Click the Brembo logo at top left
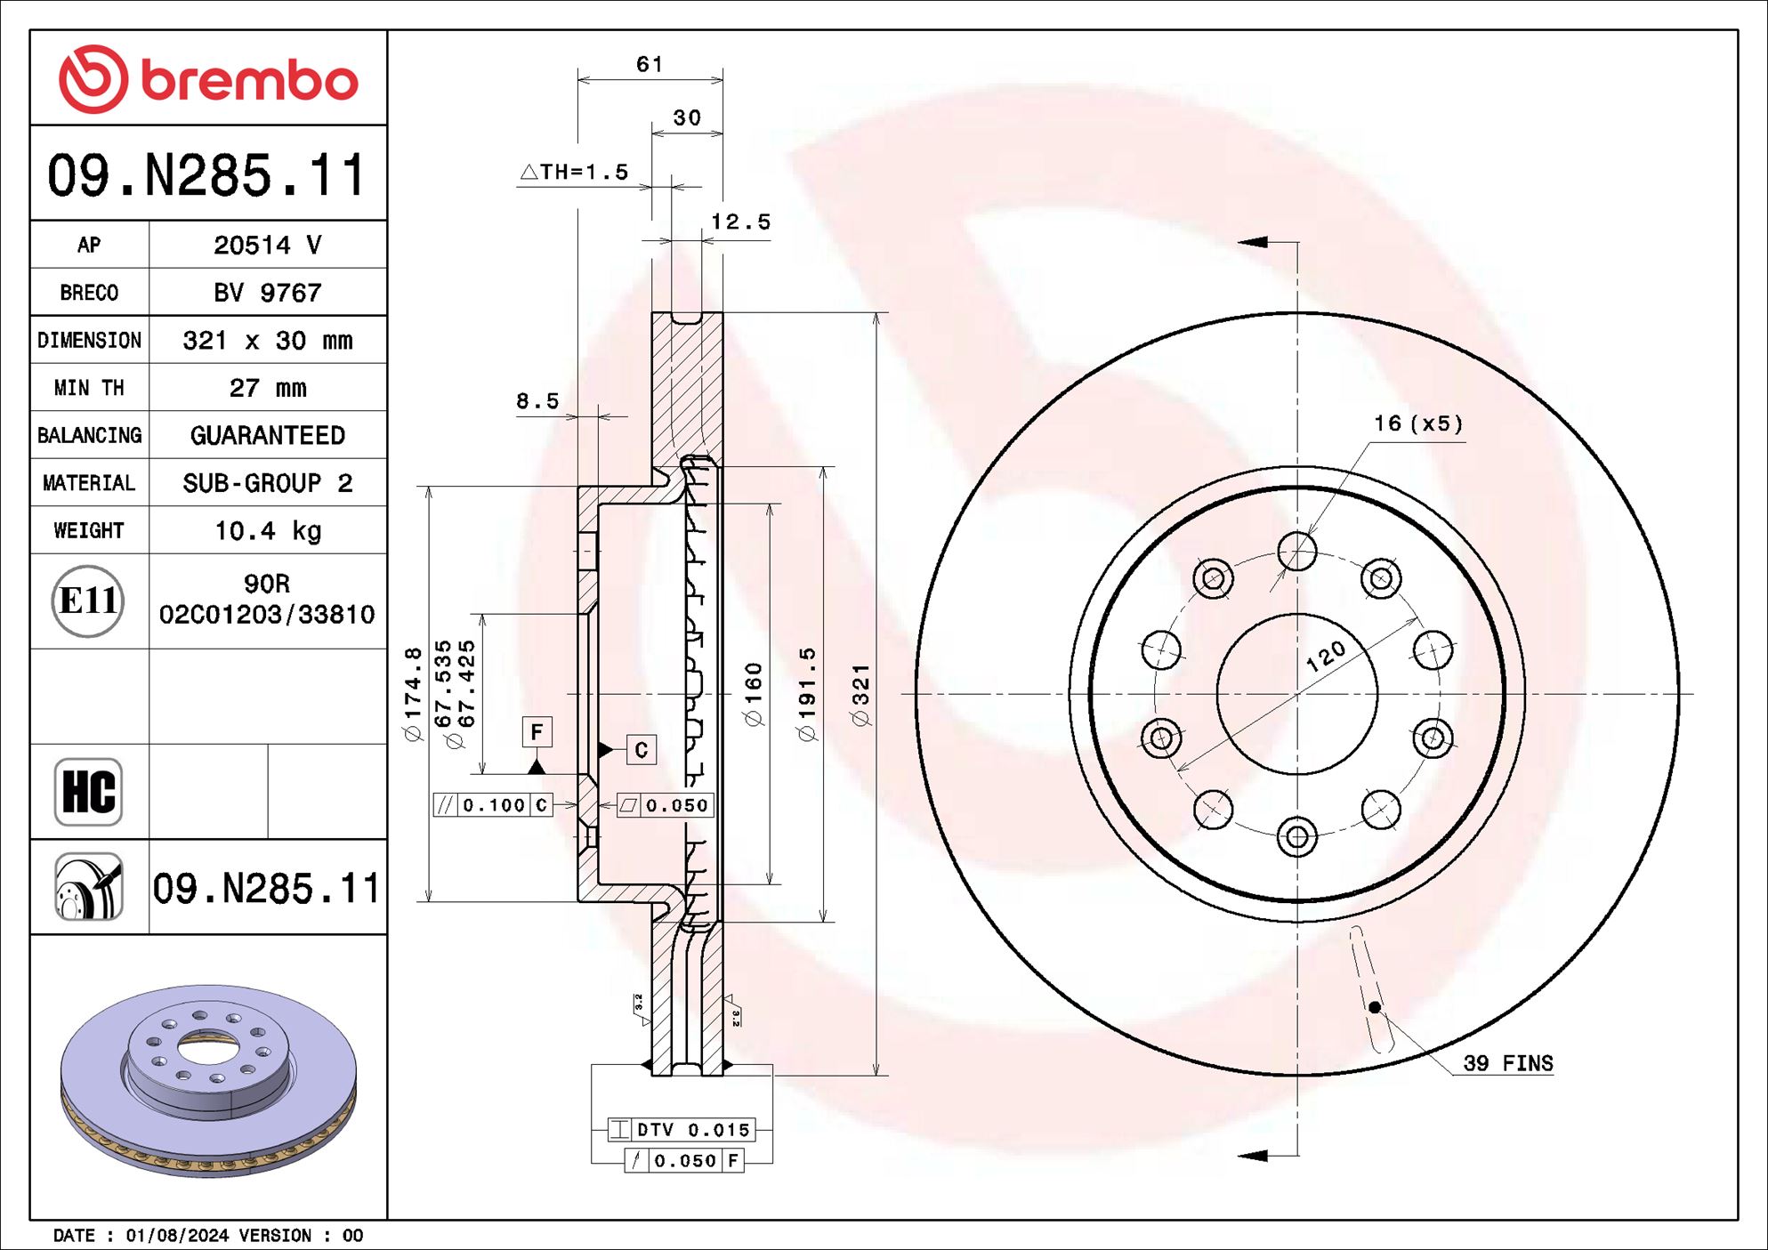tap(208, 79)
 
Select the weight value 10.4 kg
tap(267, 531)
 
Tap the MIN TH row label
tap(89, 388)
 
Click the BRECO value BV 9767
tap(267, 293)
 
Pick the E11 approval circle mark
tap(87, 601)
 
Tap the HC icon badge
tap(88, 792)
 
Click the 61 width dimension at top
tap(649, 64)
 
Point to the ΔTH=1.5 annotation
tap(575, 172)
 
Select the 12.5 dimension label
tap(740, 222)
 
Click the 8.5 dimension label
tap(537, 401)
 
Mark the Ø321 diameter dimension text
tap(860, 695)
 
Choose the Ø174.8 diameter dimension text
tap(412, 695)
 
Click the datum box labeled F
tap(537, 732)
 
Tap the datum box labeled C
tap(642, 750)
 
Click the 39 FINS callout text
tap(1507, 1063)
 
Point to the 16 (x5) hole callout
tap(1418, 423)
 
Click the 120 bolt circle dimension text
tap(1325, 657)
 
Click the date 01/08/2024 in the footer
tap(177, 1235)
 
